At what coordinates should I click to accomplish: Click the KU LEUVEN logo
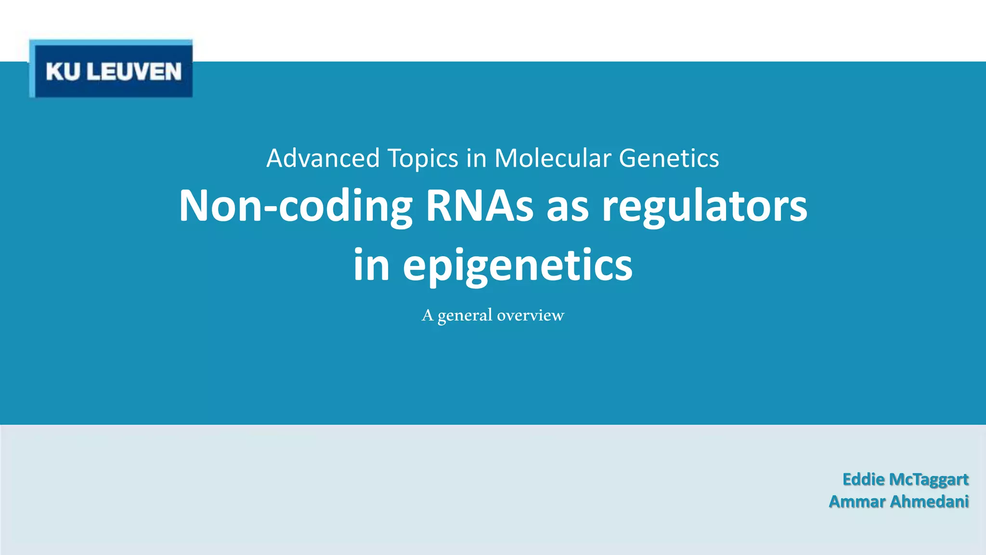pos(111,69)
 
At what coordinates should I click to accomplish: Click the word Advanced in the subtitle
pos(323,158)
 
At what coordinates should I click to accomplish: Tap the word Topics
pos(423,159)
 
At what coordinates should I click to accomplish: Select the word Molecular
pos(553,158)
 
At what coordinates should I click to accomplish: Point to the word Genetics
pos(669,158)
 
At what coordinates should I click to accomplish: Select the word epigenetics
pos(518,266)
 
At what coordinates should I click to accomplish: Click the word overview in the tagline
pos(530,315)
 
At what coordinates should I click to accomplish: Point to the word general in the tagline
pos(465,316)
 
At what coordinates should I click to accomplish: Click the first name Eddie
pos(863,479)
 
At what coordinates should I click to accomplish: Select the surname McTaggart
pos(929,480)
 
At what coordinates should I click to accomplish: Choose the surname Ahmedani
pos(929,502)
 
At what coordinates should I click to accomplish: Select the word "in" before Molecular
pos(476,158)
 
